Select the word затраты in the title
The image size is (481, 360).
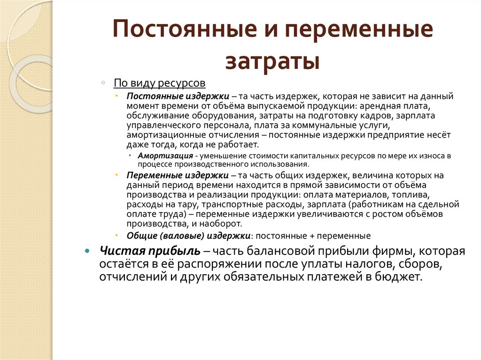coord(272,61)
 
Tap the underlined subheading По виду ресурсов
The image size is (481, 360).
coord(160,83)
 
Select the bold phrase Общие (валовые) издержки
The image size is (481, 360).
coord(188,236)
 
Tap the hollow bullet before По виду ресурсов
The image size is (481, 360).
coord(103,83)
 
